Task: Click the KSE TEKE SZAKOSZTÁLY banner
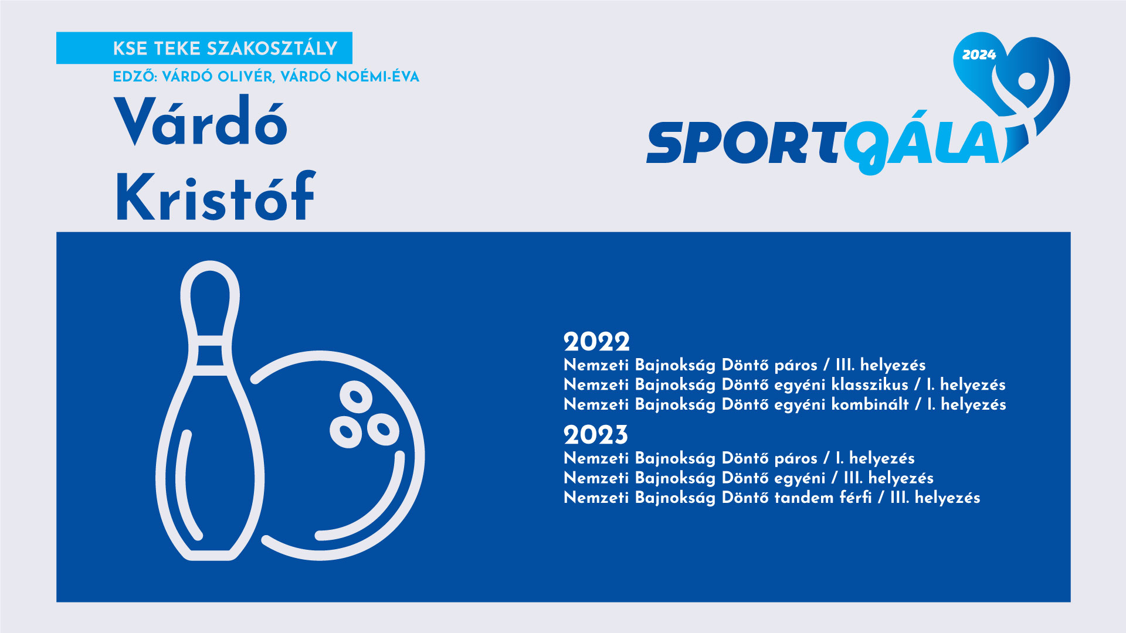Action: click(x=204, y=48)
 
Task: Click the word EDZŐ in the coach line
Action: click(x=134, y=76)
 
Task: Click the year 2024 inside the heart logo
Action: click(x=979, y=55)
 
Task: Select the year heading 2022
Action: click(x=596, y=342)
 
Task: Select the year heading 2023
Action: click(x=596, y=435)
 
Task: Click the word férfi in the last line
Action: click(x=856, y=498)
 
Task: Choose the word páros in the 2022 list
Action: click(x=796, y=366)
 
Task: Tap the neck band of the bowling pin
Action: click(x=210, y=355)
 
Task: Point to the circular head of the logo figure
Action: click(x=1026, y=80)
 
